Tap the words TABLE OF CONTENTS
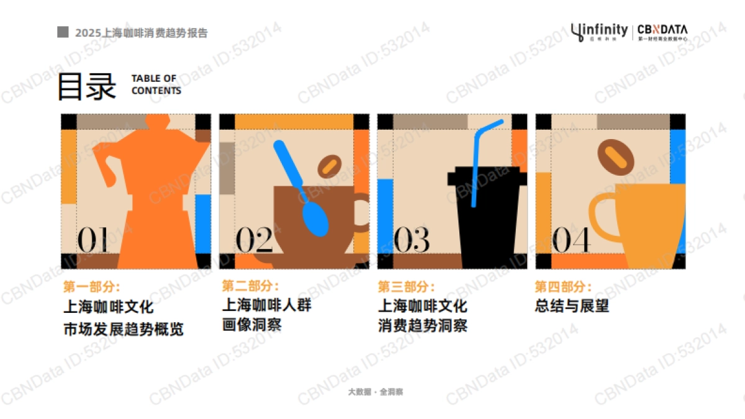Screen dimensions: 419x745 click(x=156, y=84)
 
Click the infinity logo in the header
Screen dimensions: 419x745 click(x=599, y=31)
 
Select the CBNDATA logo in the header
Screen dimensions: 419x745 click(x=662, y=32)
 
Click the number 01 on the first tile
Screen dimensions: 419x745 click(x=93, y=240)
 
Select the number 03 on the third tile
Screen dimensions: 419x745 click(x=412, y=240)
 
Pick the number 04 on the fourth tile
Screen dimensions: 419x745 click(x=571, y=240)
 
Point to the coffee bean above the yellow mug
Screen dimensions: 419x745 click(x=616, y=156)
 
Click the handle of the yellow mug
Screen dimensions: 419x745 click(x=601, y=217)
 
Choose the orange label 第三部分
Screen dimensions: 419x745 click(x=406, y=287)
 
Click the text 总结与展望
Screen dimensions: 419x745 click(x=572, y=306)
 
